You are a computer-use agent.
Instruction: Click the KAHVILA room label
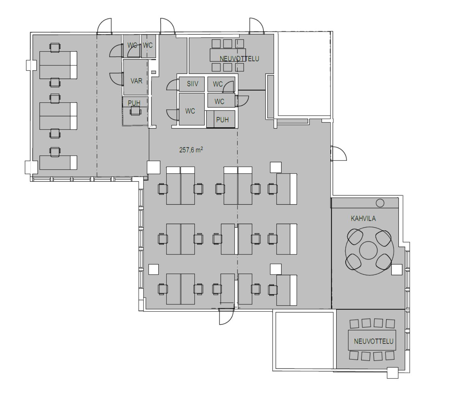click(x=363, y=219)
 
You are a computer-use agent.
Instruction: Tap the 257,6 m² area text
click(x=191, y=150)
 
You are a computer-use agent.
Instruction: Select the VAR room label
click(x=136, y=81)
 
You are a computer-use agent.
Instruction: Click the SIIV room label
click(x=192, y=84)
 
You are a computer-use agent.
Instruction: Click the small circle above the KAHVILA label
click(x=380, y=203)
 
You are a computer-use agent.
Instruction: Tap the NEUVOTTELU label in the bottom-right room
click(x=374, y=341)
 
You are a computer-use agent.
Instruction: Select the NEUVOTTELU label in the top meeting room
click(x=239, y=59)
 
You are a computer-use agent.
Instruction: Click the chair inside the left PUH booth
click(x=135, y=111)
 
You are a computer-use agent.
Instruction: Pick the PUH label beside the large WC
click(x=222, y=120)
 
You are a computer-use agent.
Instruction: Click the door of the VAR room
click(x=116, y=79)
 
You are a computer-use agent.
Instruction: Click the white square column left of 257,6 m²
click(x=154, y=167)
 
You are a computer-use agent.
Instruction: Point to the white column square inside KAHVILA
click(x=397, y=270)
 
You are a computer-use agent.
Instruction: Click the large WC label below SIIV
click(x=190, y=111)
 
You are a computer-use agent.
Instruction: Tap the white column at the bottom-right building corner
click(x=393, y=373)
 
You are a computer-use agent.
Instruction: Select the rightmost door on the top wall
click(x=256, y=26)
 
